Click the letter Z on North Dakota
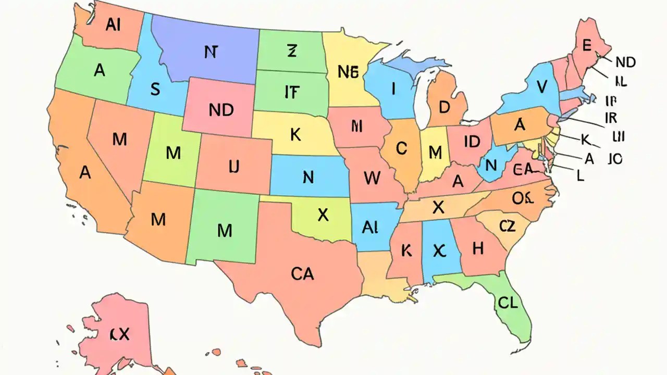point(291,51)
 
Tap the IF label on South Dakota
point(292,92)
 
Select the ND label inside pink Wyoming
point(221,110)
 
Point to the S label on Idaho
point(155,89)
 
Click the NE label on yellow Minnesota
point(349,72)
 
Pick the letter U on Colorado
point(234,167)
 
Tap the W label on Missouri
point(372,179)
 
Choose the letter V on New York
point(542,86)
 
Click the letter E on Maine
point(586,46)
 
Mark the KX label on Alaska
point(119,334)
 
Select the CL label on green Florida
point(508,303)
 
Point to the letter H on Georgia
point(478,249)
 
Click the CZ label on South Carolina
point(507,226)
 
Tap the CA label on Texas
point(302,273)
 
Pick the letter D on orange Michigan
point(444,107)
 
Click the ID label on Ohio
point(471,141)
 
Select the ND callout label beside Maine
point(625,63)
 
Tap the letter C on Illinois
point(401,149)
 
